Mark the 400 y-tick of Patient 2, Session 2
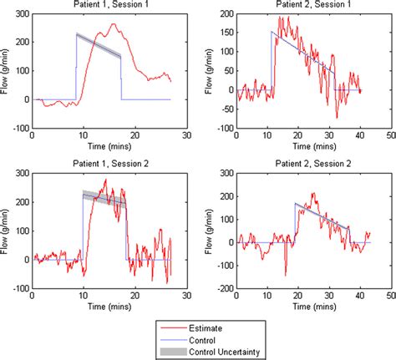[224, 171]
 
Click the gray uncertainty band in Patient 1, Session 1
[99, 47]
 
